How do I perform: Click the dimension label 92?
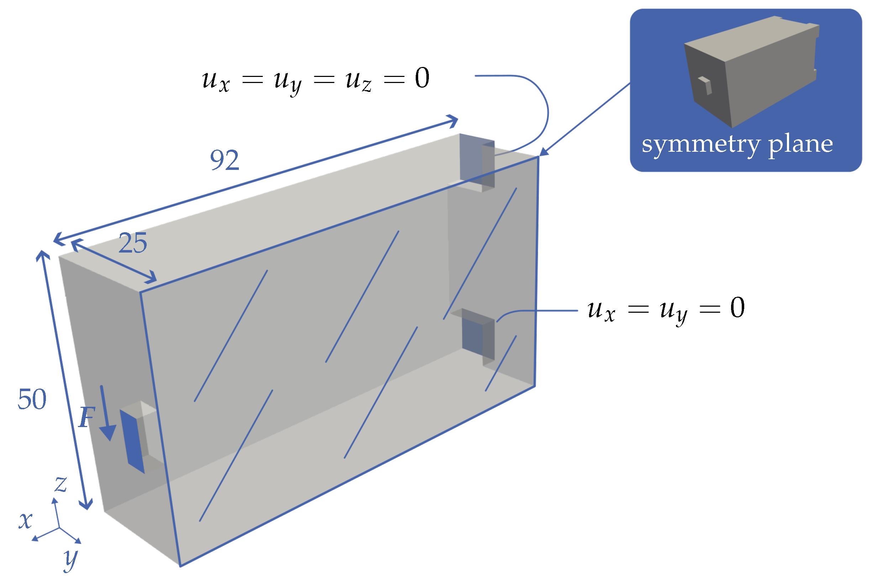[x=224, y=160]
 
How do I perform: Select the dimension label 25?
[x=133, y=244]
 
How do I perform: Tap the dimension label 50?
[x=32, y=400]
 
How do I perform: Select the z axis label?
[x=61, y=485]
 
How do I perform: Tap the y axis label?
[x=70, y=559]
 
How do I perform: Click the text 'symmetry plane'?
[x=737, y=144]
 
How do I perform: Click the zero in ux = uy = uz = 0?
[x=422, y=78]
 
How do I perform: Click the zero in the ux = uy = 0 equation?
[x=737, y=308]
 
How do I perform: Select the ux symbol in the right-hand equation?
[x=601, y=311]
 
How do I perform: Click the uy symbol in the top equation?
[x=288, y=82]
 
